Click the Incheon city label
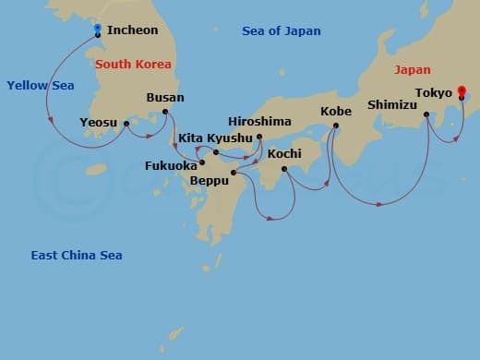click(132, 30)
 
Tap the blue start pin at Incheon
click(98, 30)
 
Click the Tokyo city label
click(433, 93)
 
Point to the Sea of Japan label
click(281, 31)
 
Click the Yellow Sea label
click(40, 86)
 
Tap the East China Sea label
click(76, 256)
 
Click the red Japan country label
click(412, 69)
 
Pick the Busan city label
click(165, 97)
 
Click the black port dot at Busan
click(165, 113)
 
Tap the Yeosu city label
click(98, 122)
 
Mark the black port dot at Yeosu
click(126, 123)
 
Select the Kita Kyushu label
click(214, 138)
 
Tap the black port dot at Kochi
click(283, 169)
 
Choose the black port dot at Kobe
click(335, 126)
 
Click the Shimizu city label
click(394, 104)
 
